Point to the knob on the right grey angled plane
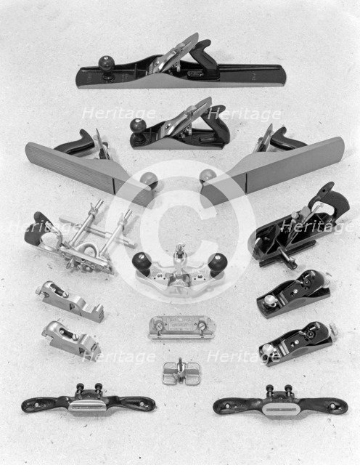(x=208, y=176)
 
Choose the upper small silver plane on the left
(x=70, y=300)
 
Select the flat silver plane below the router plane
(x=180, y=326)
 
